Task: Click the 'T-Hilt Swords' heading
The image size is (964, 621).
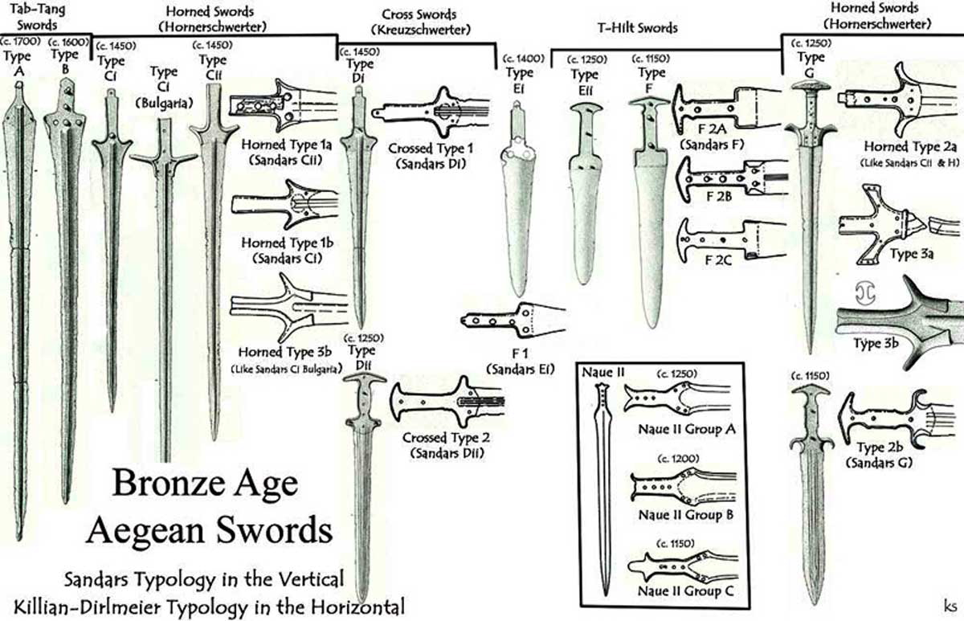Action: (x=637, y=27)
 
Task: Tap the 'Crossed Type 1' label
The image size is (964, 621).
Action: (x=431, y=149)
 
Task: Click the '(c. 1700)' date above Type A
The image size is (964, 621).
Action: (x=17, y=39)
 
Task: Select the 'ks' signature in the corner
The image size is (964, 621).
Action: (x=948, y=602)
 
